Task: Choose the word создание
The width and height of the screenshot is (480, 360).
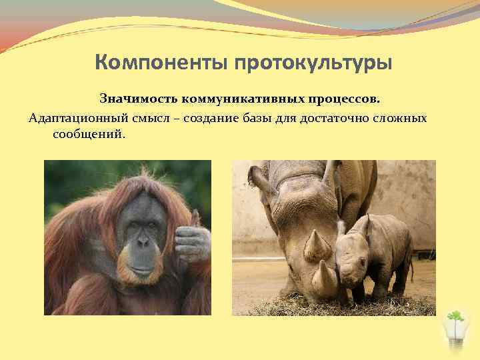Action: [x=208, y=118]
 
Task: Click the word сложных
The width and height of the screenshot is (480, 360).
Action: [x=403, y=118]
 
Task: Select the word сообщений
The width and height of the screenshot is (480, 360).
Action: [x=86, y=135]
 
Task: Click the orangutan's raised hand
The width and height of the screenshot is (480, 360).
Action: [x=191, y=237]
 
